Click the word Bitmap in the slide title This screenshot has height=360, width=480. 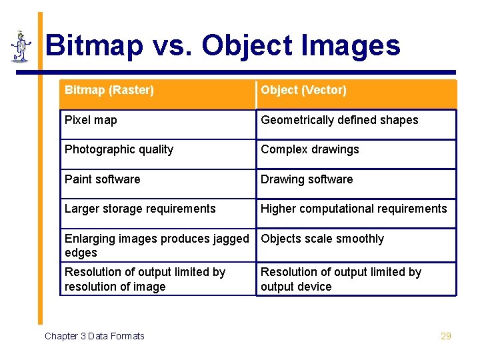(94, 45)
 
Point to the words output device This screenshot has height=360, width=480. (296, 287)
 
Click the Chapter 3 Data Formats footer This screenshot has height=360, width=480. (94, 336)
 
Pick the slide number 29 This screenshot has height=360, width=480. (446, 336)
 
